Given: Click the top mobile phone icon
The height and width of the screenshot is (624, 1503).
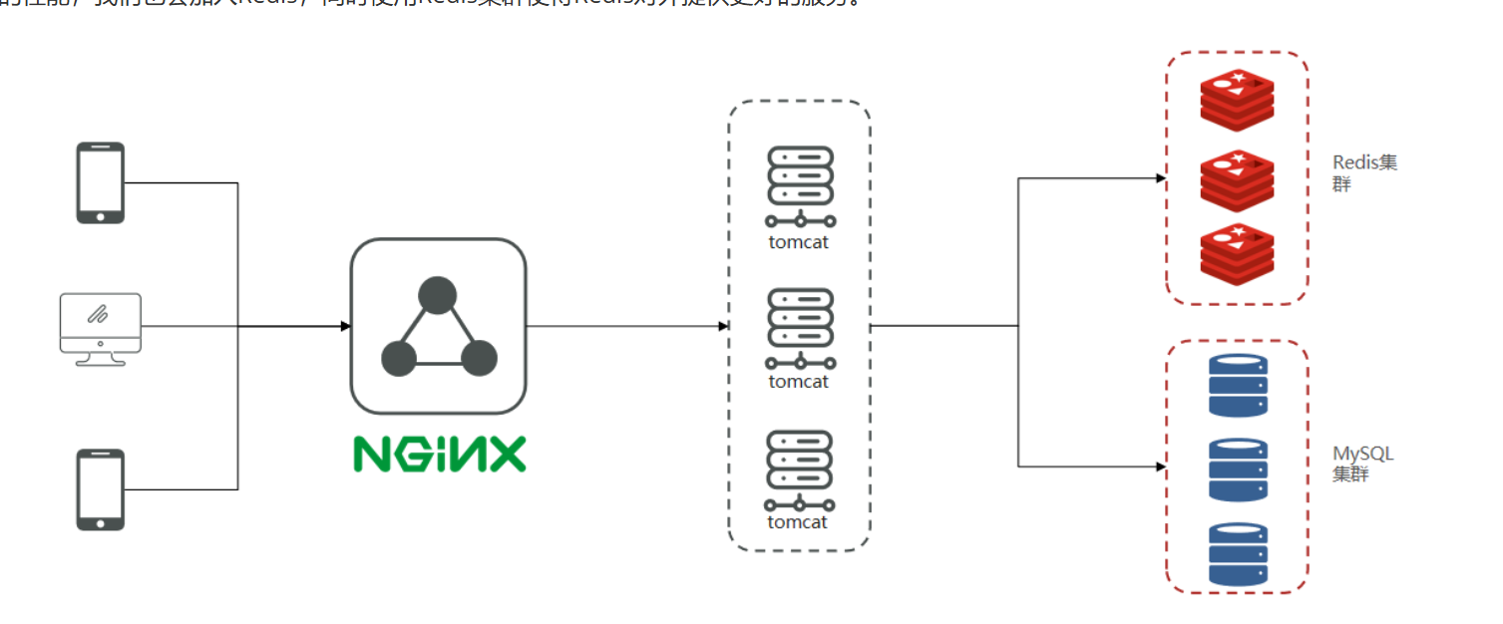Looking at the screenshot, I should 101,182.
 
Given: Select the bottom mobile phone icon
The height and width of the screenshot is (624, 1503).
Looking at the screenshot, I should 101,489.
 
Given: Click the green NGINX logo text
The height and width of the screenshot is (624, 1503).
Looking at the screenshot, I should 439,455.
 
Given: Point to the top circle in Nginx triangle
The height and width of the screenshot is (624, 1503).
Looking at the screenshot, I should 437,296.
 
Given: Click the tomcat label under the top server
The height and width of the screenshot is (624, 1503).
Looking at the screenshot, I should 799,241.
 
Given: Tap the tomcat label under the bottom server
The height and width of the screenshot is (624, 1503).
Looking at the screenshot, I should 798,522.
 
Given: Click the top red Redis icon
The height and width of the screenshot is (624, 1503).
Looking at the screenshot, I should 1237,100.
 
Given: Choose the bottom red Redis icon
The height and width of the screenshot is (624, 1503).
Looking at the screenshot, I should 1237,255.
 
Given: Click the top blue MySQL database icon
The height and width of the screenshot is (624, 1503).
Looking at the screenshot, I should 1238,386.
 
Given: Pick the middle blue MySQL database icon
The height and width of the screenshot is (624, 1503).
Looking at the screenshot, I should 1238,469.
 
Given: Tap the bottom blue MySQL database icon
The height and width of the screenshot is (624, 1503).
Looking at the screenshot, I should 1238,553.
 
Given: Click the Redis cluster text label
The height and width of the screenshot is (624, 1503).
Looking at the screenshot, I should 1363,172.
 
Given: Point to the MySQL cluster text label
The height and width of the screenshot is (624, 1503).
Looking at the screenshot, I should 1362,464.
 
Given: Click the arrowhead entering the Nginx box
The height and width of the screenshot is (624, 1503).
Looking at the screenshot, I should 345,326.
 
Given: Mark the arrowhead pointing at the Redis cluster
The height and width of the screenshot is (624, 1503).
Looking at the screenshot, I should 1160,178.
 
